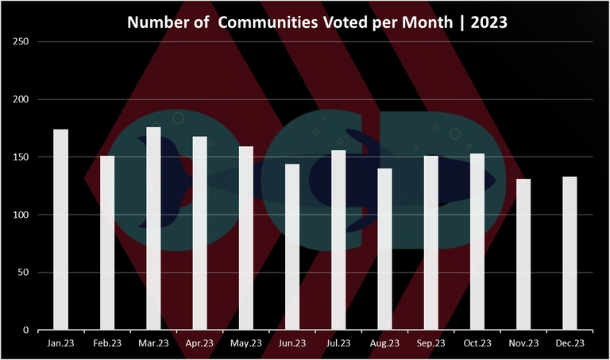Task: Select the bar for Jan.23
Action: [x=60, y=230]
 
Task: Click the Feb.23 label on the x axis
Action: [x=107, y=343]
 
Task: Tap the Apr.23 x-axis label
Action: [x=199, y=343]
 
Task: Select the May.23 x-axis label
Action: [x=245, y=343]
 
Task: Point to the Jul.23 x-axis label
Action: [x=338, y=343]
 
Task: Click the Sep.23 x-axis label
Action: [x=431, y=343]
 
